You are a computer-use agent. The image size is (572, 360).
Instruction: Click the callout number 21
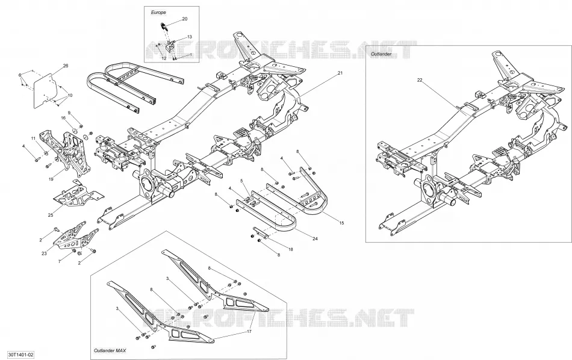[340, 73]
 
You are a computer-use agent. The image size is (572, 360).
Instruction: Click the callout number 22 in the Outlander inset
[420, 80]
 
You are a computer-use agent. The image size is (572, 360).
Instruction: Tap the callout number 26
[66, 66]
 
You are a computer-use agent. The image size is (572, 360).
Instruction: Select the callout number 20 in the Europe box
[185, 19]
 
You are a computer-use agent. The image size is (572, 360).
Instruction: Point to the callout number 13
[189, 37]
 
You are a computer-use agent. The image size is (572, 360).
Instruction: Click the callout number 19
[51, 179]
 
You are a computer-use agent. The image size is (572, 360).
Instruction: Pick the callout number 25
[51, 215]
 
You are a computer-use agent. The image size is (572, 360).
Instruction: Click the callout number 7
[60, 261]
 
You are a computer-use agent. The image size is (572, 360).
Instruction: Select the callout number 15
[341, 223]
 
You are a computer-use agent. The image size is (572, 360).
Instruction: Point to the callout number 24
[315, 239]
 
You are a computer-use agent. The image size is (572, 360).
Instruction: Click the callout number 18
[291, 249]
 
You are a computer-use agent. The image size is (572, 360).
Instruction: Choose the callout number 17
[249, 332]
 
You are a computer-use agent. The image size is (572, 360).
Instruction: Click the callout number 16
[63, 118]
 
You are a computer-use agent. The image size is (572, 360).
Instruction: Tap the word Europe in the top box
[158, 13]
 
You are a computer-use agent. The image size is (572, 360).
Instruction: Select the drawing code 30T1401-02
[17, 354]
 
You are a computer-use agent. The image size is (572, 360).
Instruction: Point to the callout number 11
[33, 138]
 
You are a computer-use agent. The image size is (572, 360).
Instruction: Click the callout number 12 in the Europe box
[164, 58]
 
